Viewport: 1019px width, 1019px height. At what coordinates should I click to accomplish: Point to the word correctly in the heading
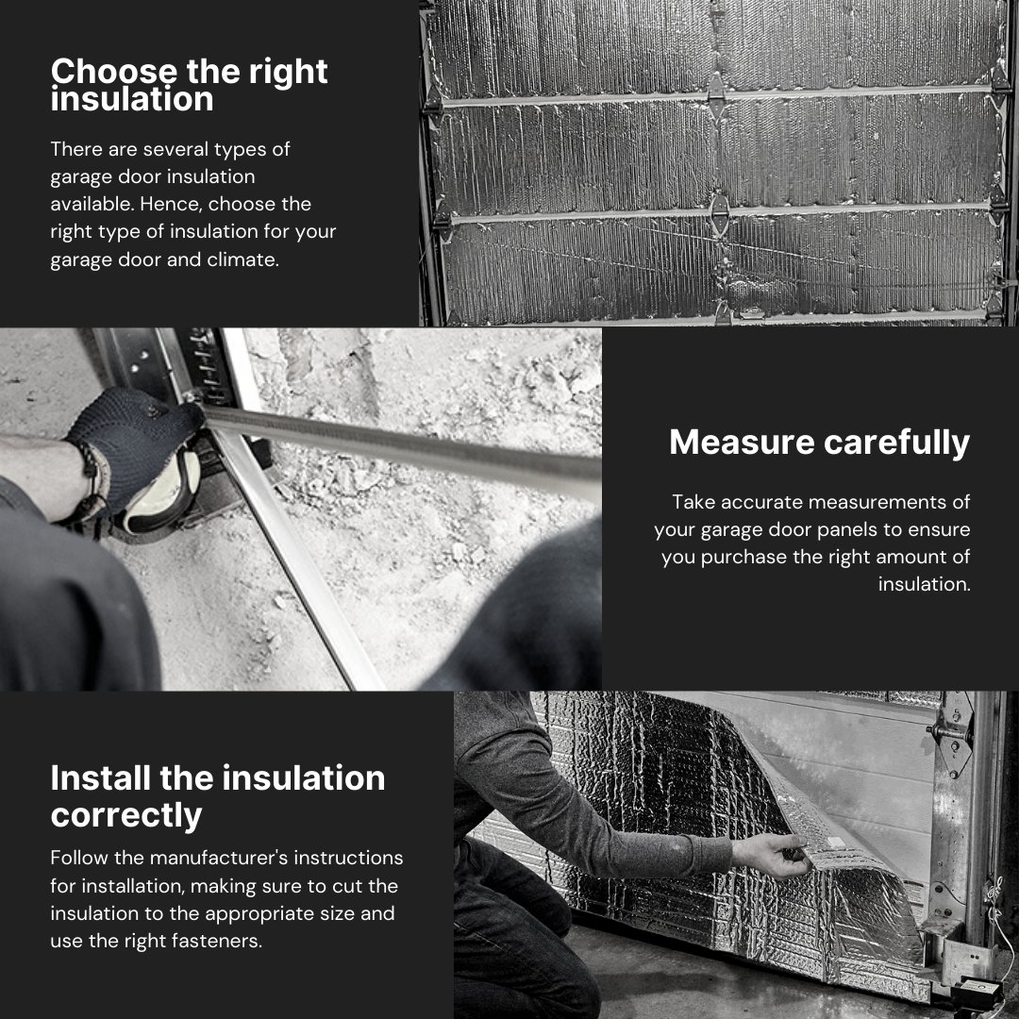tap(126, 815)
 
